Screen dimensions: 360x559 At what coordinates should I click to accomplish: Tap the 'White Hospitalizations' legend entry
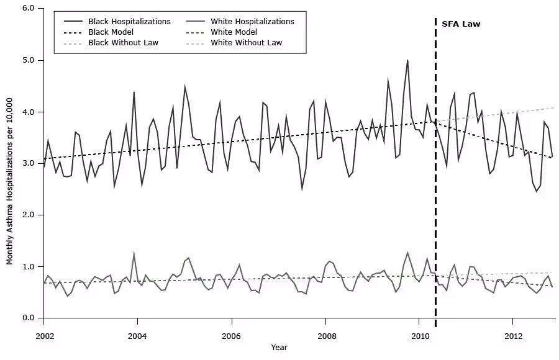tap(252, 22)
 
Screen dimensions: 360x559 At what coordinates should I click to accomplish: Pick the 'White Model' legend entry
tap(234, 32)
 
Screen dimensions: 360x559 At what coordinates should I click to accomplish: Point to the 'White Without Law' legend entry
tap(246, 43)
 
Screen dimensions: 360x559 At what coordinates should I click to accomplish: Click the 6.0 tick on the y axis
tap(28, 9)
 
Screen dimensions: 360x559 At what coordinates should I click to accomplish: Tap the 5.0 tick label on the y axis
tap(28, 60)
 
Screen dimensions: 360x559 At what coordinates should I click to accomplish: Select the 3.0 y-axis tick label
tap(28, 163)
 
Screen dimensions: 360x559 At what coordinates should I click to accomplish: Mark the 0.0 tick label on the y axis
tap(28, 318)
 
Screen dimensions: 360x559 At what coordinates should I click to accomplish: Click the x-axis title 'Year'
tap(279, 348)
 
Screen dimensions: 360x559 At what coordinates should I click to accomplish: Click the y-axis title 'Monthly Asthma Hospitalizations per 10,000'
tap(11, 163)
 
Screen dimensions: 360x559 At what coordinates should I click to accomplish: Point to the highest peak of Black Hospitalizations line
tap(407, 60)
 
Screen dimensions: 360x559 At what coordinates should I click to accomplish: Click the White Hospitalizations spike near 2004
tap(134, 254)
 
